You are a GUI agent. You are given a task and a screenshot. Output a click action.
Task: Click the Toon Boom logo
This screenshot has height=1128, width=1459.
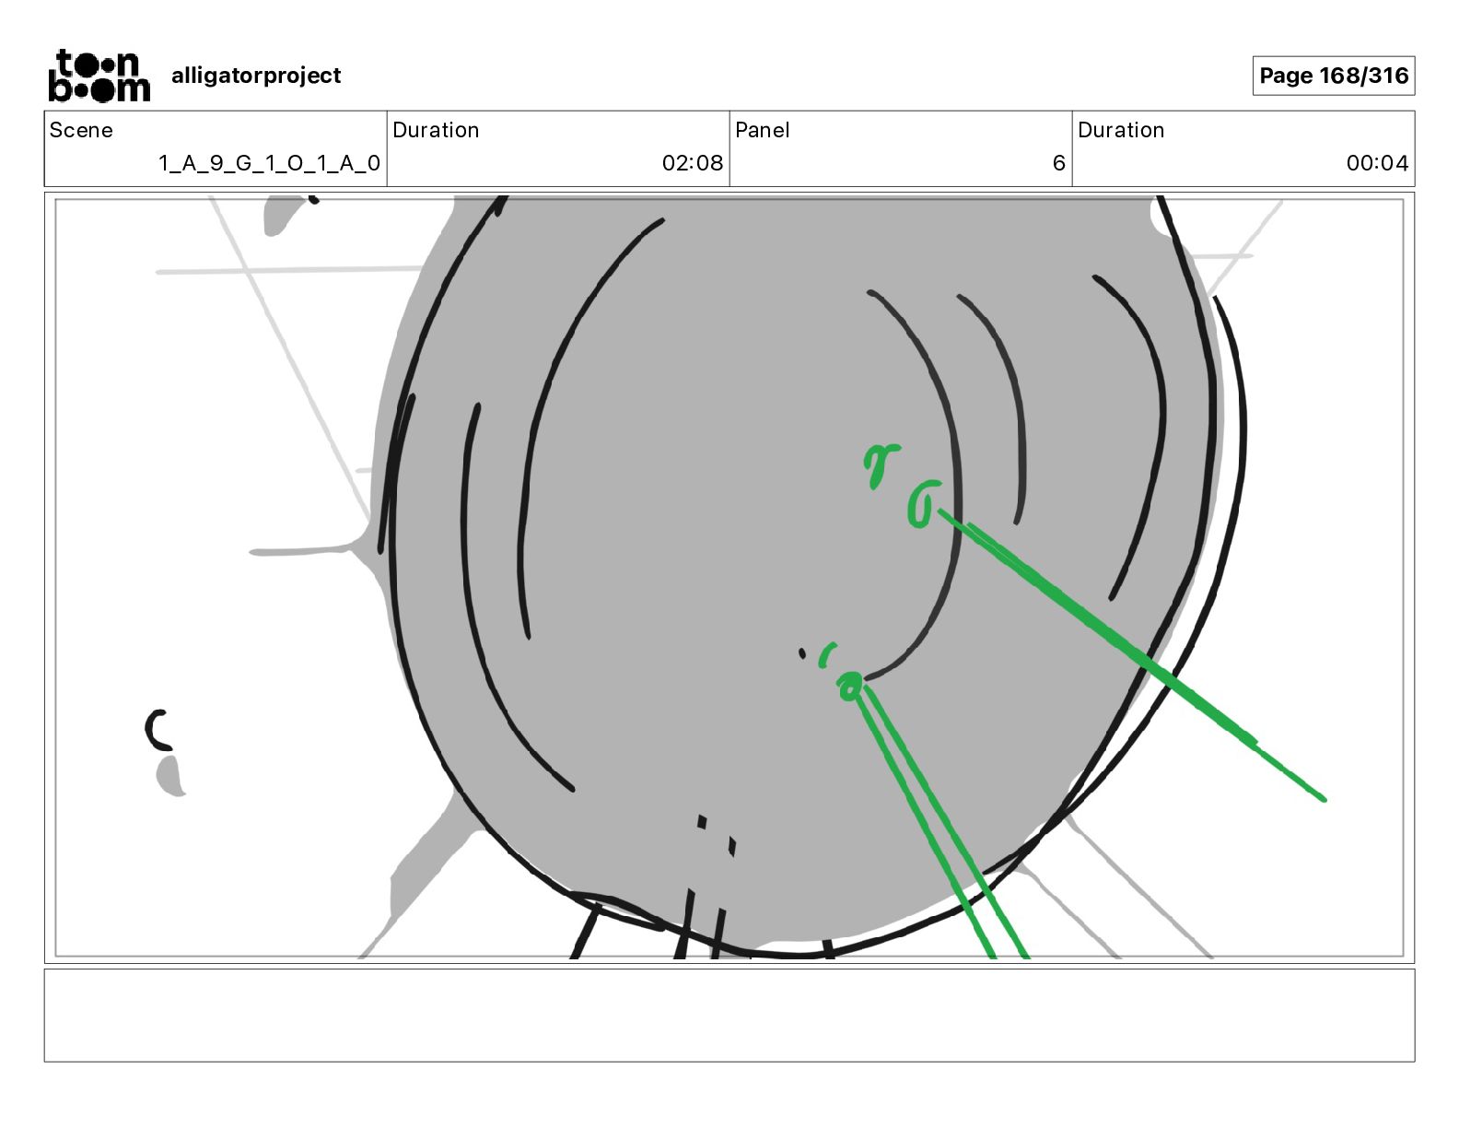(x=99, y=76)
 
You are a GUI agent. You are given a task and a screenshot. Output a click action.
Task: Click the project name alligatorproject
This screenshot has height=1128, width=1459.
(x=256, y=76)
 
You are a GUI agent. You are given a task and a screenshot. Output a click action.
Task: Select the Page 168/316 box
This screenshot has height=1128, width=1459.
(x=1333, y=76)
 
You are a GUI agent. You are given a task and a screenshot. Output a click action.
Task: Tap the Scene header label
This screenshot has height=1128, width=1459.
(x=81, y=130)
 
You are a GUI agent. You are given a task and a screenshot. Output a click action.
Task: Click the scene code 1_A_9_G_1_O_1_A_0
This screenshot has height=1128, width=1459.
(x=269, y=163)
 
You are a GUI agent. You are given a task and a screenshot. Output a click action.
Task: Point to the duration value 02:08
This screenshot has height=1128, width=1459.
(x=692, y=163)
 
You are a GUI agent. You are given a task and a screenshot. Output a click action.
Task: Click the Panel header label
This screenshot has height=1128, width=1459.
(x=762, y=130)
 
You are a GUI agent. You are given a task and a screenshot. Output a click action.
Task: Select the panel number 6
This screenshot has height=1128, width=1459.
(x=1058, y=163)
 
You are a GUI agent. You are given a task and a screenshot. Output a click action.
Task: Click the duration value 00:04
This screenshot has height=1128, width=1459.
(x=1376, y=163)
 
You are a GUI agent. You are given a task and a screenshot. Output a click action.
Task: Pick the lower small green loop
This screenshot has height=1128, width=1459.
(x=849, y=684)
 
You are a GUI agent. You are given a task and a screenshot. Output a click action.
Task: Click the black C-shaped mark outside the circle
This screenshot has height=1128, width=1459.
(x=158, y=729)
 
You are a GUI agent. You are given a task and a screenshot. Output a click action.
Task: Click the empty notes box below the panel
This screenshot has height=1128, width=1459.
(x=729, y=1015)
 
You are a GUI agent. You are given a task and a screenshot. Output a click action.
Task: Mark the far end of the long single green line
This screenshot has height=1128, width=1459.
(x=1323, y=798)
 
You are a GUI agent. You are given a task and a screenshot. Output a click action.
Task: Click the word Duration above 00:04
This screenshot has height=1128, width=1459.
(x=1120, y=130)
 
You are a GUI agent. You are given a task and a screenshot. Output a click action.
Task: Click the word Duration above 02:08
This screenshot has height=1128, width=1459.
(x=435, y=130)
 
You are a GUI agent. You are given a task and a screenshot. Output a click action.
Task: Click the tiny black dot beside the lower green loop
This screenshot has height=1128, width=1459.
(x=802, y=653)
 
